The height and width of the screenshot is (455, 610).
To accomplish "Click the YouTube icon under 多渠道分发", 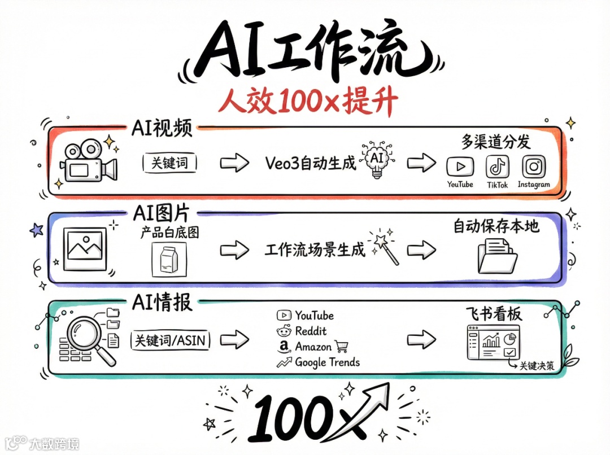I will pos(460,167).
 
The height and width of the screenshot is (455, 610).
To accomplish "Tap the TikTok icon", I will pos(497,167).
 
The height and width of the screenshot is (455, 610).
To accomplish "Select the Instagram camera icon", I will pos(533,167).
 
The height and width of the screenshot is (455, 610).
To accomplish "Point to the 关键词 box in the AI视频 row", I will pos(169,163).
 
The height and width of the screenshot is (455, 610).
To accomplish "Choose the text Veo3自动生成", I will pos(311,163).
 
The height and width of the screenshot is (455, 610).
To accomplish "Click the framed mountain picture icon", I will pos(86,248).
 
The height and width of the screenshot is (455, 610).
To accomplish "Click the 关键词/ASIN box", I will pos(169,340).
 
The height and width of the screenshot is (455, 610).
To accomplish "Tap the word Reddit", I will pos(311,331).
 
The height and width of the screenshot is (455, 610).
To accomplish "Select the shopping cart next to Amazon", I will pos(341,346).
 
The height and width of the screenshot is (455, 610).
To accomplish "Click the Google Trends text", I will pos(327,362).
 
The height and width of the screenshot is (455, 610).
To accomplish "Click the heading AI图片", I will pos(161,214).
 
